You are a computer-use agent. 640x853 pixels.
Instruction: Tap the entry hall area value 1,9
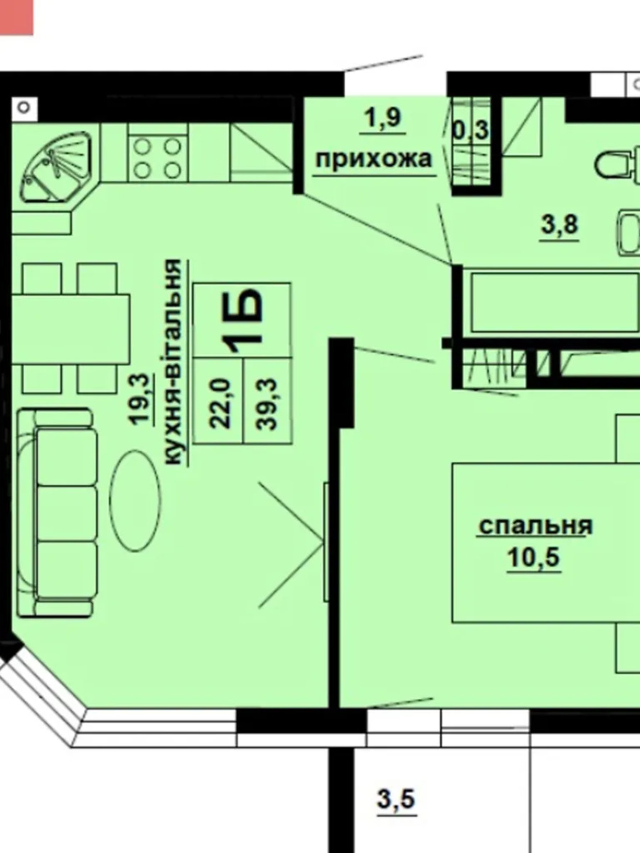[383, 118]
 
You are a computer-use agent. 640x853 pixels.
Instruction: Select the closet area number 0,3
[470, 130]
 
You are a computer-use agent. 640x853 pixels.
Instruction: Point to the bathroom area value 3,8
[560, 225]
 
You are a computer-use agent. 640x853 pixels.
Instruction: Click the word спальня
[536, 526]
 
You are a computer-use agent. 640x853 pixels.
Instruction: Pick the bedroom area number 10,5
[533, 557]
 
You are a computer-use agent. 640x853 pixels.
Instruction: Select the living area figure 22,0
[220, 402]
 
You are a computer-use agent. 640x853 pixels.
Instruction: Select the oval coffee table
[135, 500]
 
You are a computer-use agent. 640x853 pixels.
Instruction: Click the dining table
[70, 329]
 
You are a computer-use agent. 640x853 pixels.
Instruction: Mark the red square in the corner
[16, 17]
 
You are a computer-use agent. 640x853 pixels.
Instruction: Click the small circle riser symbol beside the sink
[24, 107]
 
